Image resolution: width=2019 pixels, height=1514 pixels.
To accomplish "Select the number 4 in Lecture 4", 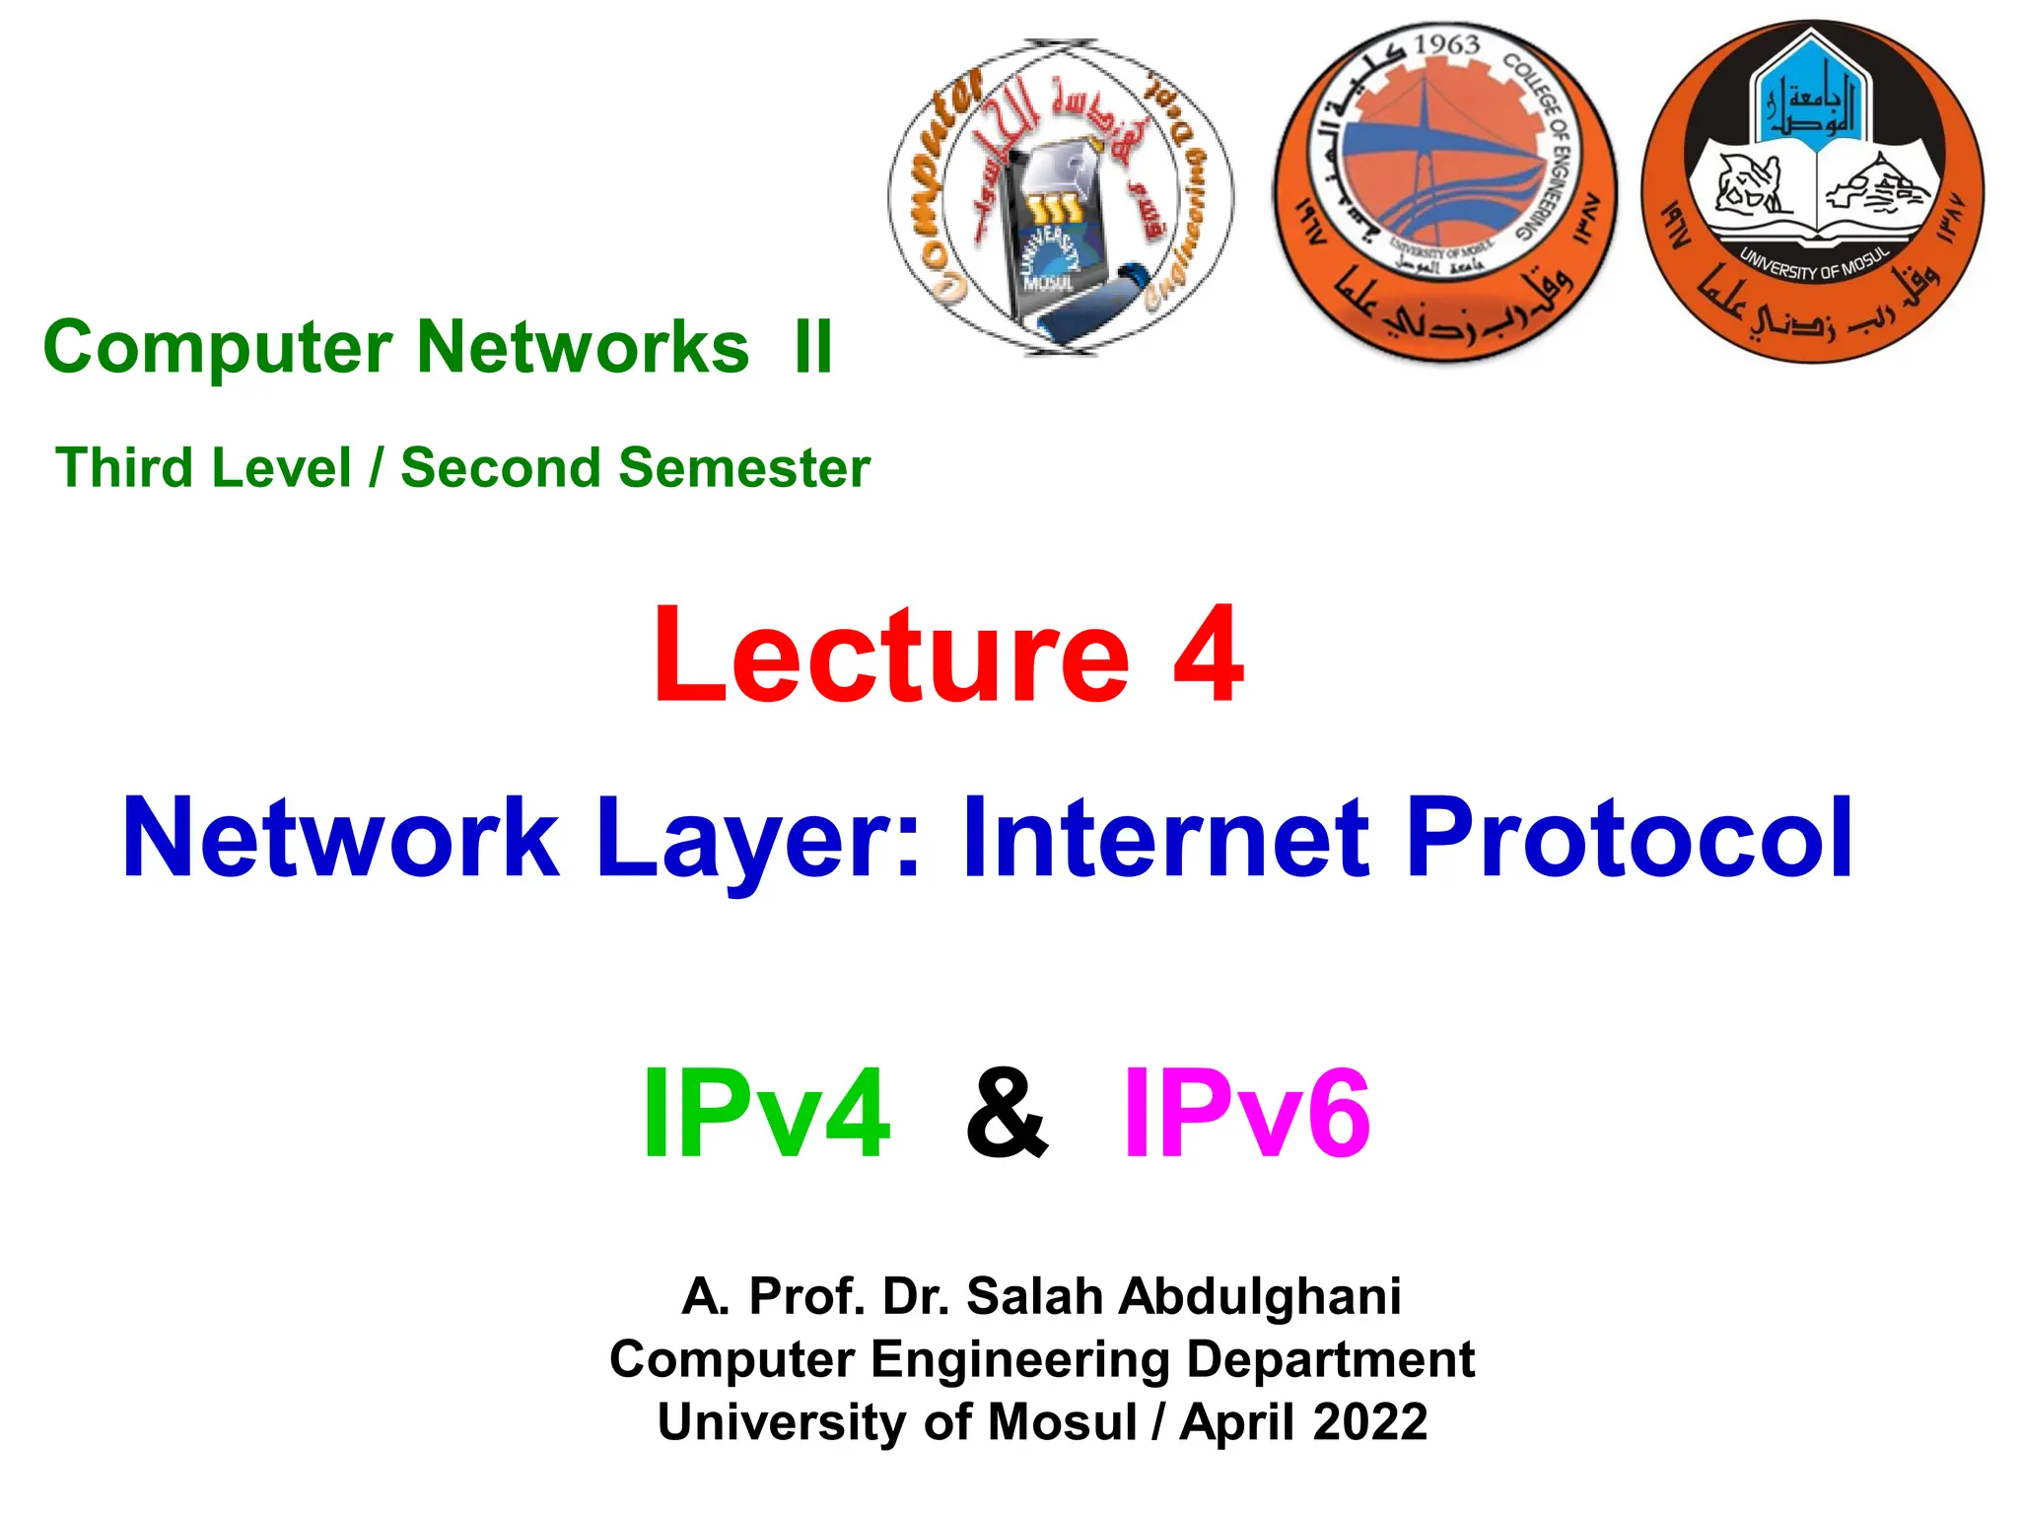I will point(1209,655).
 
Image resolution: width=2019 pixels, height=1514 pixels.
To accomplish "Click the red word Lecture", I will point(891,655).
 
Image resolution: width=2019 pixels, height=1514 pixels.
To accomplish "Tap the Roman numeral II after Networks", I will point(814,348).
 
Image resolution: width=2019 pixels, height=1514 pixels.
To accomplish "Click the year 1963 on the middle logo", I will point(1446,45).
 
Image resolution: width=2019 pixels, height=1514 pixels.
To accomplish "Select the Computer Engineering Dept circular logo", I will point(1060,197).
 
